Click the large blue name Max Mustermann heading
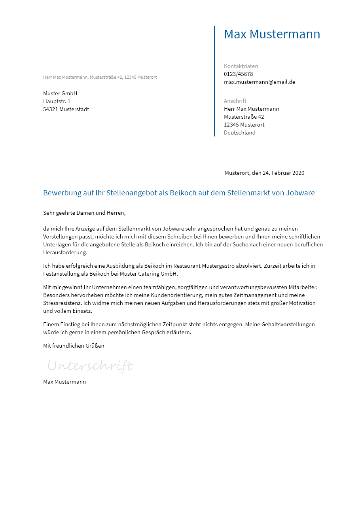coord(272,34)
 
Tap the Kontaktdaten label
coord(241,66)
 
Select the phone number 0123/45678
coord(238,74)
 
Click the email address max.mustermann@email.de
coord(260,82)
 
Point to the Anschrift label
coord(235,101)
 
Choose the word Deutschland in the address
coord(240,132)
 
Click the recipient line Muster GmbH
coord(60,93)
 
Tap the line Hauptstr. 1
coord(57,101)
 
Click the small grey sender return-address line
coord(100,77)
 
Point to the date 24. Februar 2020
coord(284,173)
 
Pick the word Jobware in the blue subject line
coord(300,193)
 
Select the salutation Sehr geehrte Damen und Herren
coord(84,213)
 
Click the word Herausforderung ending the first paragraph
coord(65,252)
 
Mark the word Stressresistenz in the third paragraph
coord(62,303)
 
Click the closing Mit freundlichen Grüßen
coord(74,346)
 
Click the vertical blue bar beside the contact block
coord(215,81)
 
